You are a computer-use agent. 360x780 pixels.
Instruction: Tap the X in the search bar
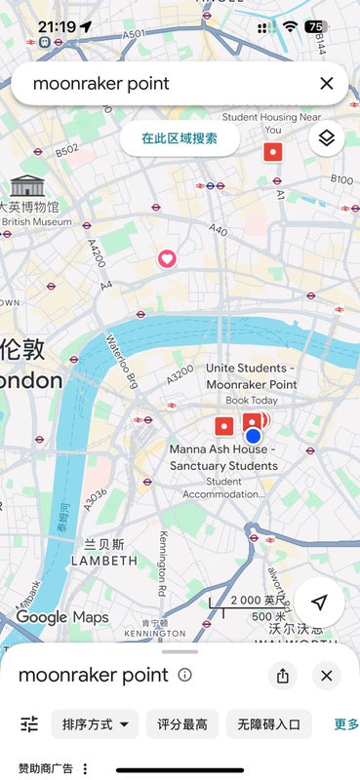(327, 84)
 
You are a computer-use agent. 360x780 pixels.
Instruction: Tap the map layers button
(327, 138)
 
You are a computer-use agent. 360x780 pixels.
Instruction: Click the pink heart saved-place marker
(167, 258)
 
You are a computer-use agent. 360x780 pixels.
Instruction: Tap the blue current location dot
(254, 436)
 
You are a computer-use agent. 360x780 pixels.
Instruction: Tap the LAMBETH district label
(104, 561)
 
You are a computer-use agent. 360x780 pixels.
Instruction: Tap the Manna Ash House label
(223, 457)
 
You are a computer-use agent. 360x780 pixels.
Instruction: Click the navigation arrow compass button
(319, 603)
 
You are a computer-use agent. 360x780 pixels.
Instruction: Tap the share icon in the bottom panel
(283, 676)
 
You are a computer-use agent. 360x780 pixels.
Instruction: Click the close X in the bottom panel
(327, 676)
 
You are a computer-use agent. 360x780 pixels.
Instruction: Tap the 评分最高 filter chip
(182, 723)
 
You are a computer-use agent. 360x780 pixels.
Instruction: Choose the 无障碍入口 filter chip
(269, 723)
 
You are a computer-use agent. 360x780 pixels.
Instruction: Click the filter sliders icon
(29, 723)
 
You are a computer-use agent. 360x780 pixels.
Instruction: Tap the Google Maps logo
(61, 617)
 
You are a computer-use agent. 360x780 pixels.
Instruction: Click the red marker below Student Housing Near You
(273, 151)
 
